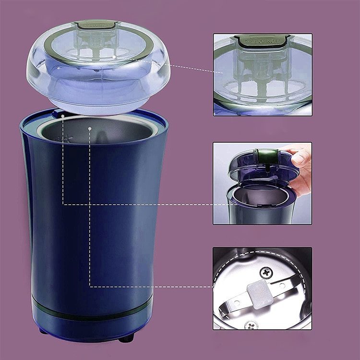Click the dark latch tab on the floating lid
[x=98, y=24]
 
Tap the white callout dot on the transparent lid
[x=114, y=56]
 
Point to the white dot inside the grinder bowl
[x=90, y=128]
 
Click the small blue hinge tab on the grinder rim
[x=59, y=113]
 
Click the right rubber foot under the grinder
[x=126, y=338]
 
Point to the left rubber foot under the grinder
[x=43, y=331]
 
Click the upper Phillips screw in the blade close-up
[x=265, y=273]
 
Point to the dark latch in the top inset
[x=262, y=41]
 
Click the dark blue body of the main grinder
[x=91, y=216]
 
